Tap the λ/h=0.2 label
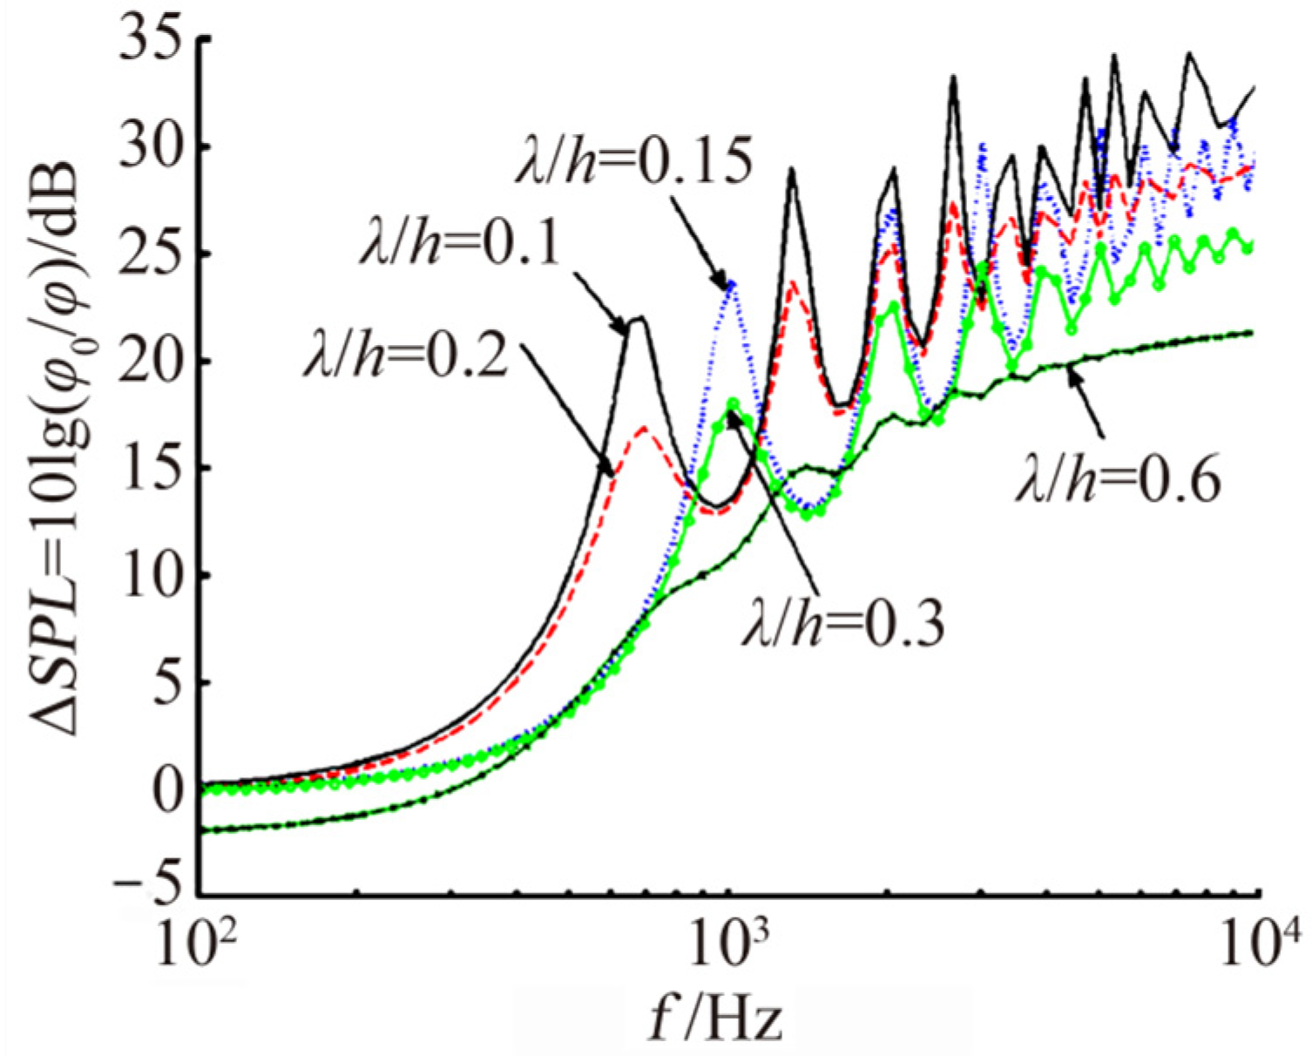pos(405,357)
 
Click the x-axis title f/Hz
pos(716,1019)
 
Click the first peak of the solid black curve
pos(639,318)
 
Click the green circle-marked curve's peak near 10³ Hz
pos(733,403)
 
